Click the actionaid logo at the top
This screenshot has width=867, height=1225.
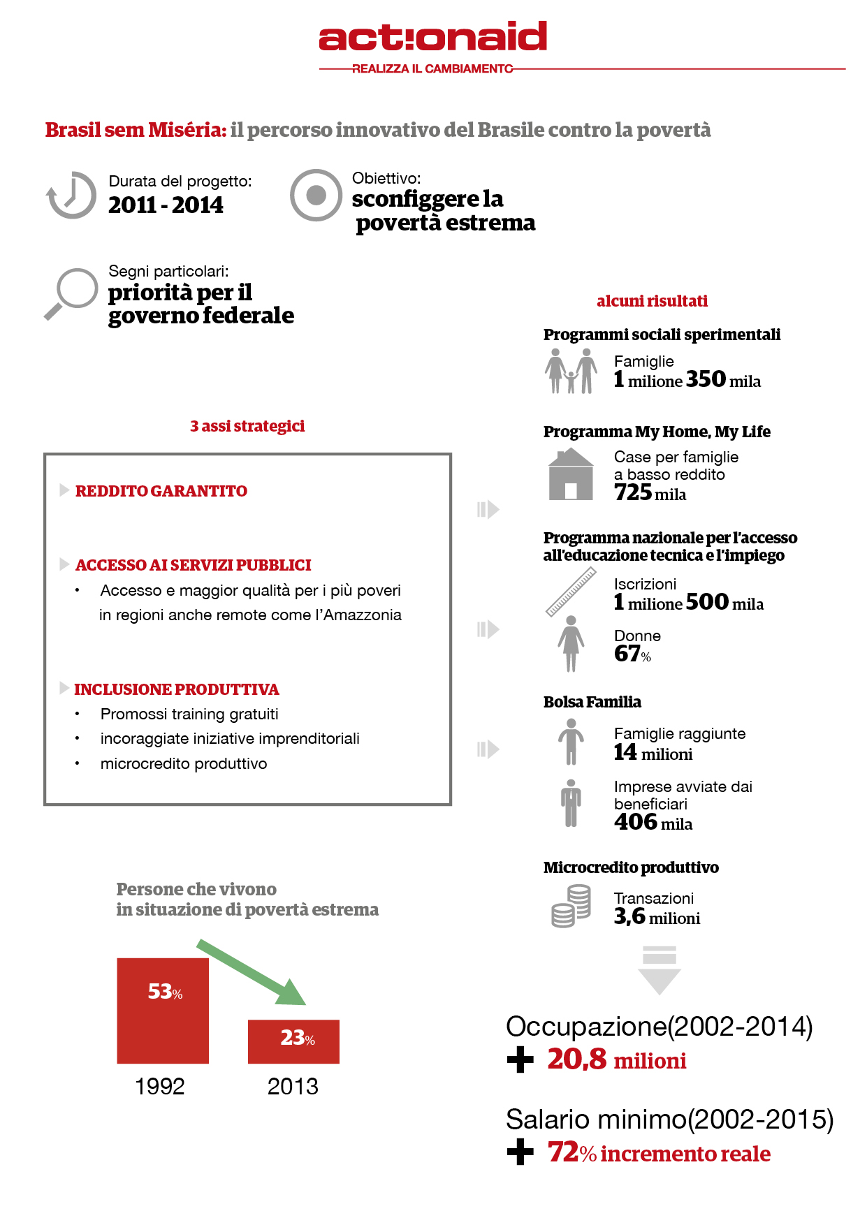point(432,37)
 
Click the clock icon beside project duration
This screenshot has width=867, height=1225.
point(71,195)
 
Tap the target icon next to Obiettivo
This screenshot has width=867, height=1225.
point(316,195)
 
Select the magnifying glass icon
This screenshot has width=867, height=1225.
point(71,293)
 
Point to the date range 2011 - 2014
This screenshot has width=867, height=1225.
point(166,205)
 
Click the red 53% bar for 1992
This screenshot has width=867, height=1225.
point(163,1011)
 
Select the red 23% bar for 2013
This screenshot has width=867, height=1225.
point(293,1041)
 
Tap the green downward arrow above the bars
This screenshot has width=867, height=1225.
point(252,972)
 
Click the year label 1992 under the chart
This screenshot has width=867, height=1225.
point(160,1087)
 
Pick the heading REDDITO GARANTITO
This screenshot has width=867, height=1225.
point(161,491)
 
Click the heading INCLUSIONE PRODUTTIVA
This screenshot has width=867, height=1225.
point(177,689)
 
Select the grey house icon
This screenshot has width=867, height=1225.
point(571,474)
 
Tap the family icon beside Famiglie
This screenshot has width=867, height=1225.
point(571,371)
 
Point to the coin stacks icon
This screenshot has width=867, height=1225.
point(571,906)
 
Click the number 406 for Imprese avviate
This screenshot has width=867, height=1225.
point(636,822)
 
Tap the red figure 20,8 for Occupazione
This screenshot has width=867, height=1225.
point(577,1059)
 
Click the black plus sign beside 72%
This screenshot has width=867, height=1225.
point(520,1152)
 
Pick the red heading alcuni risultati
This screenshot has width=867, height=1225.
point(652,301)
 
